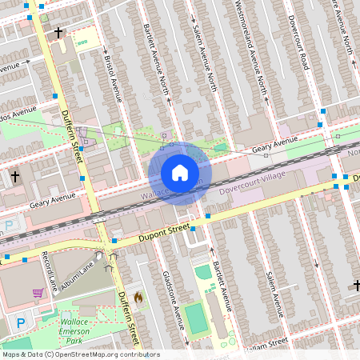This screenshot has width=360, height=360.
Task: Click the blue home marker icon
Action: [x=180, y=173]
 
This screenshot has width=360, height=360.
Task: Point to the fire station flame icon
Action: [x=138, y=298]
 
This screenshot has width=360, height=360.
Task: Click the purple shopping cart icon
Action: [x=38, y=293]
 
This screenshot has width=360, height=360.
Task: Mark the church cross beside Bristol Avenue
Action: [x=58, y=33]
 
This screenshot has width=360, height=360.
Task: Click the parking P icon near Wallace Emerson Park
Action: [x=22, y=322]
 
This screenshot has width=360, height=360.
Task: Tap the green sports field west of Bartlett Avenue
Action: [x=194, y=317]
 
